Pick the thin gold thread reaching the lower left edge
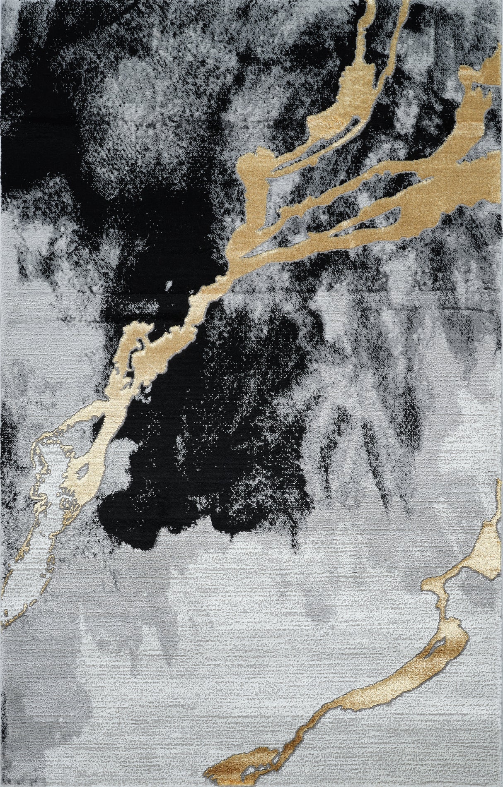pos(12,608)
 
